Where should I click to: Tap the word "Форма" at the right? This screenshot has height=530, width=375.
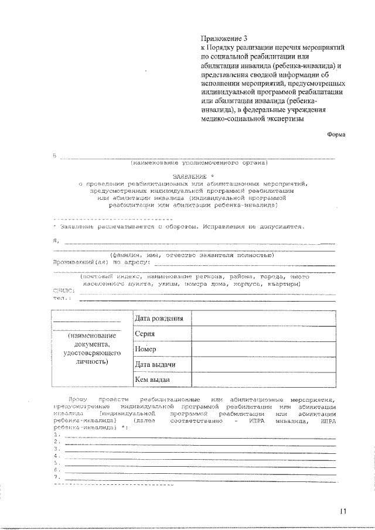336,134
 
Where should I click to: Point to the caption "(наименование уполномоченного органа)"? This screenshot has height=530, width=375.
199,162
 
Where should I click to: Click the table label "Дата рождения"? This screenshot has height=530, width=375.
159,319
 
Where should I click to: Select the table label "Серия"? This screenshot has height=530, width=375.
145,334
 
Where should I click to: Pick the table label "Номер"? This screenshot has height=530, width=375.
145,349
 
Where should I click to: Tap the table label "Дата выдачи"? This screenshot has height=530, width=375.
155,364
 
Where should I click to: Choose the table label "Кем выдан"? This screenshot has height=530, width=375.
152,379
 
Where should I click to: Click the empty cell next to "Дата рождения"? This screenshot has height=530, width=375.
264,319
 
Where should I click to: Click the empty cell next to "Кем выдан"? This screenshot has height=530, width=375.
264,379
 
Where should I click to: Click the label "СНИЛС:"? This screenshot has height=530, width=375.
64,290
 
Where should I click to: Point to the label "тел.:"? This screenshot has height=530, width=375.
62,298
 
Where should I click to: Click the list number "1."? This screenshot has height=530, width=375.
56,435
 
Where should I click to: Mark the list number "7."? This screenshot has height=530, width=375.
56,477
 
